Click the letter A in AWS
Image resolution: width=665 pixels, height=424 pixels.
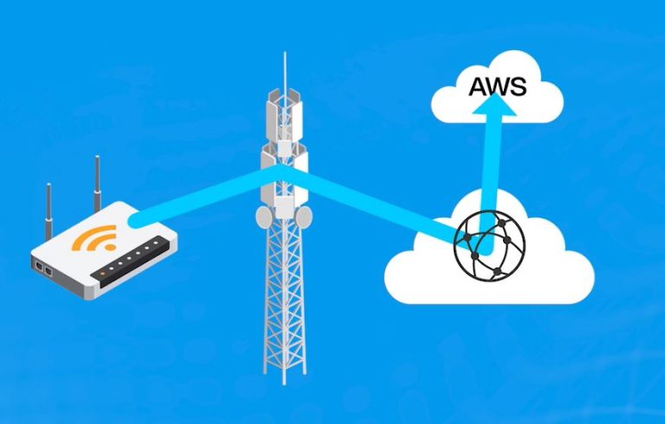[x=480, y=87]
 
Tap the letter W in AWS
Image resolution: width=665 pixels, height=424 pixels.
[x=500, y=87]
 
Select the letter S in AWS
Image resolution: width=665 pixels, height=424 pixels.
[x=520, y=87]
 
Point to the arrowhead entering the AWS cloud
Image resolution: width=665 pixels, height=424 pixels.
[x=494, y=104]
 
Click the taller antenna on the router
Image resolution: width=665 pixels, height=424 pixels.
[x=97, y=183]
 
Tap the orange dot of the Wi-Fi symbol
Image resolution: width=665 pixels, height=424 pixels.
[x=110, y=247]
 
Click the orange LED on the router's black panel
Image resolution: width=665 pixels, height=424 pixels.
[x=102, y=274]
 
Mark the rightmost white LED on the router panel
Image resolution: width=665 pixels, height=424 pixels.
[x=156, y=243]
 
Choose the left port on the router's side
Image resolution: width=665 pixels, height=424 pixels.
[x=39, y=267]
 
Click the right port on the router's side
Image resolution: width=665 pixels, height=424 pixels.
[x=48, y=272]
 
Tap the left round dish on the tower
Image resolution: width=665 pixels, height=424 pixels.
[x=264, y=217]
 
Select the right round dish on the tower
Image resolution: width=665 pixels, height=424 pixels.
[x=304, y=217]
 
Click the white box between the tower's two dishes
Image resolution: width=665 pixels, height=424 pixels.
[x=285, y=208]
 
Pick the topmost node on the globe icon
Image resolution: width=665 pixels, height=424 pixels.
[x=501, y=222]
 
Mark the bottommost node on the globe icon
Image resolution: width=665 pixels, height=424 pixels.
[x=497, y=272]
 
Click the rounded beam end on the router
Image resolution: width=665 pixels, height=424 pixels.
[x=136, y=220]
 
